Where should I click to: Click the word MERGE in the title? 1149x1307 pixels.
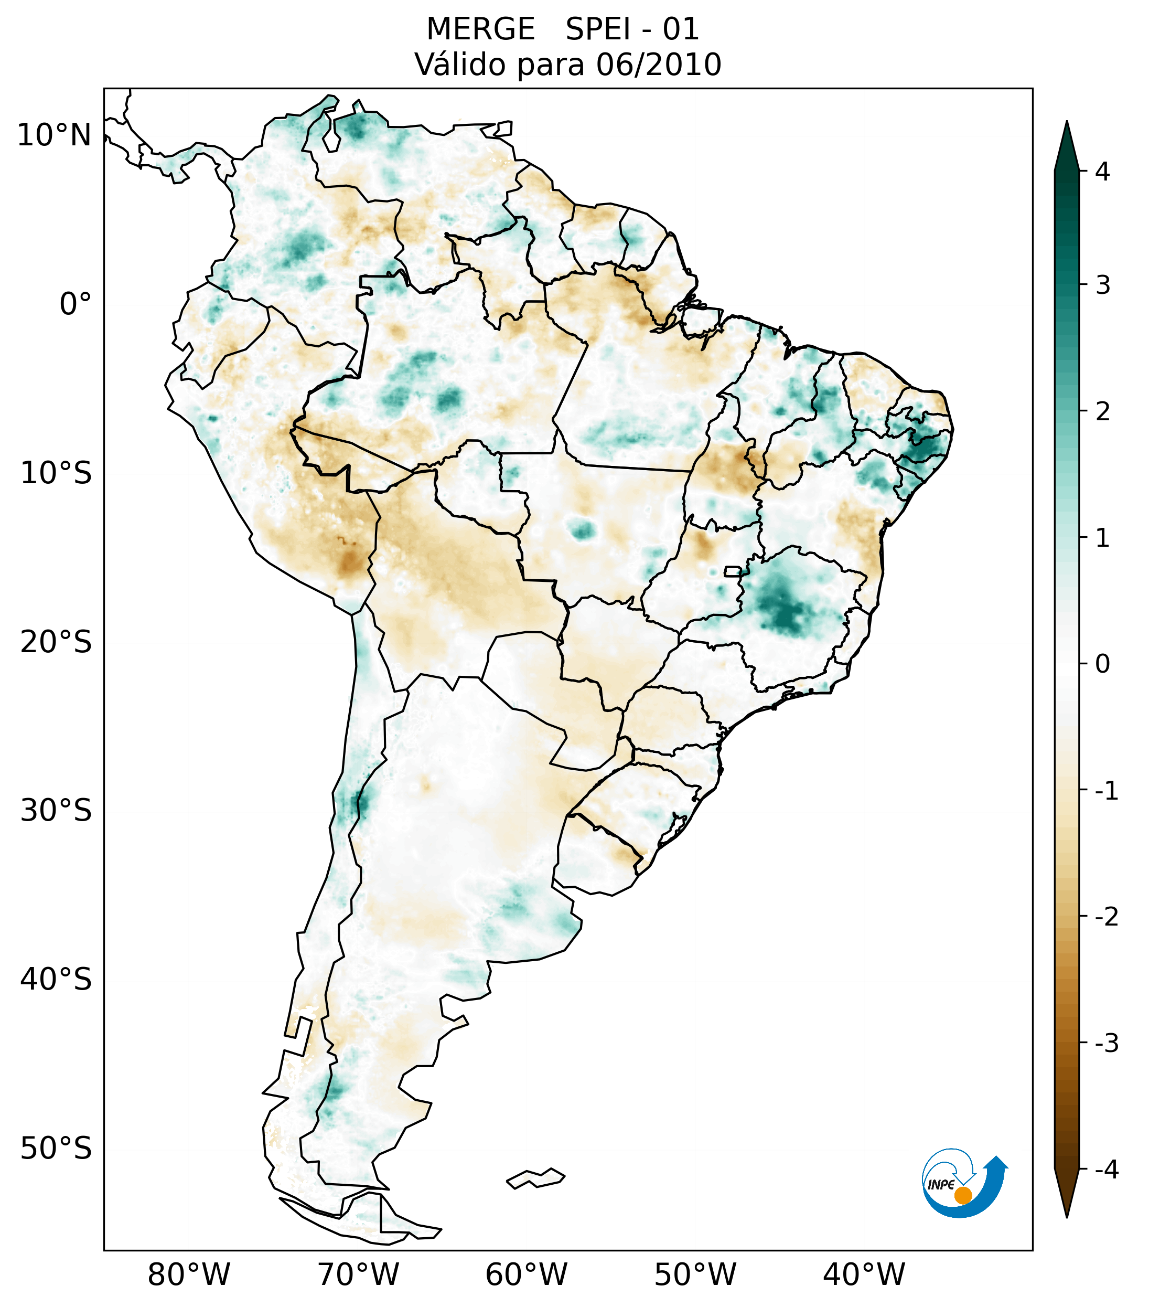pyautogui.click(x=480, y=29)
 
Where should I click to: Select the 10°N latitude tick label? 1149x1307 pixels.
pyautogui.click(x=53, y=135)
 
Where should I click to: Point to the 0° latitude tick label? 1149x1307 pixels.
pyautogui.click(x=76, y=304)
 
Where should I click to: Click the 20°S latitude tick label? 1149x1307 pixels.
pyautogui.click(x=56, y=642)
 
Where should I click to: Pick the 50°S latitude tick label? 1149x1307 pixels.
pyautogui.click(x=56, y=1149)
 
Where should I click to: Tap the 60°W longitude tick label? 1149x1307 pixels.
pyautogui.click(x=526, y=1275)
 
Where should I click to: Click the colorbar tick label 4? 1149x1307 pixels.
pyautogui.click(x=1102, y=172)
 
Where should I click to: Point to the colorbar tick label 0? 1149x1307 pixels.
pyautogui.click(x=1102, y=664)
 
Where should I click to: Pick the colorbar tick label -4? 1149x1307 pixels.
pyautogui.click(x=1106, y=1170)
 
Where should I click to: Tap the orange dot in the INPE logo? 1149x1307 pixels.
pyautogui.click(x=962, y=1195)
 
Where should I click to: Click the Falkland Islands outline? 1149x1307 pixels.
pyautogui.click(x=535, y=1178)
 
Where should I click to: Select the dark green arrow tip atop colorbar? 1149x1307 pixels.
pyautogui.click(x=1067, y=137)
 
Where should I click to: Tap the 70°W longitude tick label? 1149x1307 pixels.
pyautogui.click(x=358, y=1275)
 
